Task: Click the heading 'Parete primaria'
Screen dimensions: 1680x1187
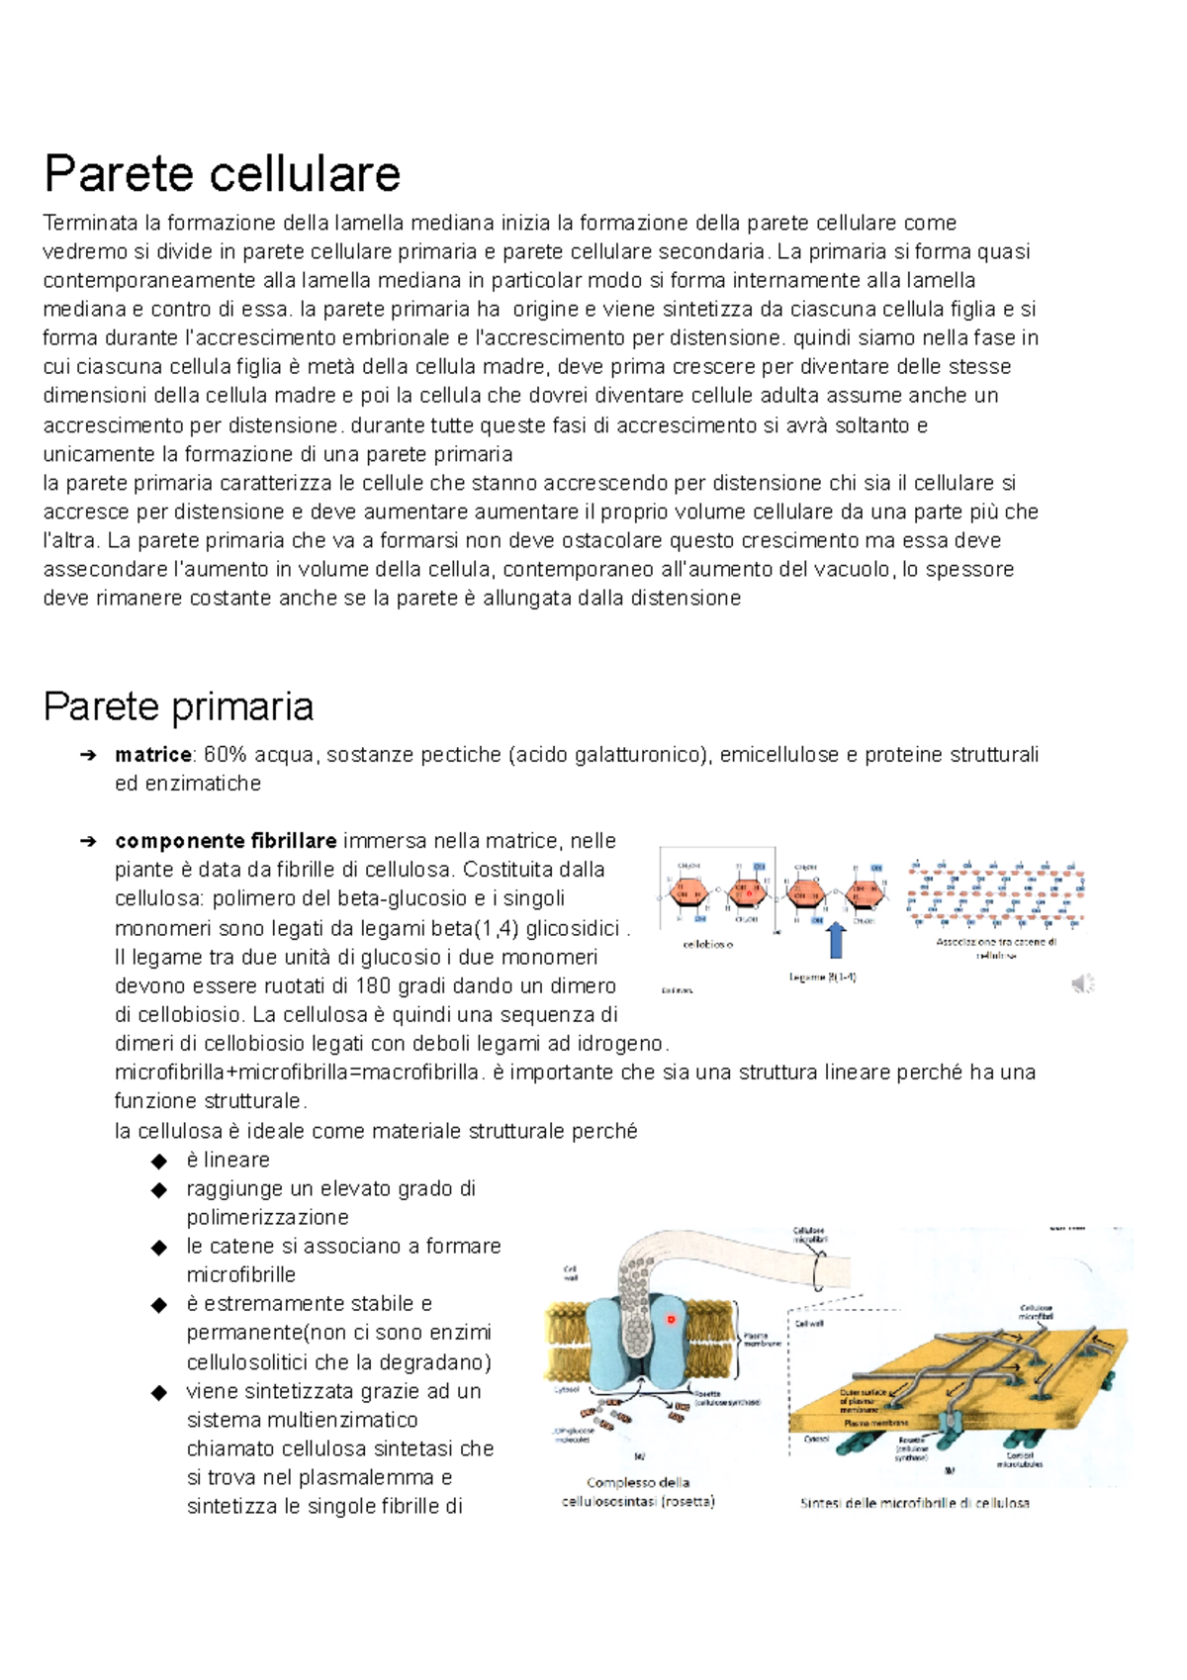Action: click(178, 706)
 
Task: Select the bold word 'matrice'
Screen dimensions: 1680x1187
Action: click(153, 755)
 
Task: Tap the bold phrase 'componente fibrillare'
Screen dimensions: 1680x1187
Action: click(226, 841)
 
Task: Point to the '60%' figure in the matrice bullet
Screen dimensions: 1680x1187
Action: click(225, 755)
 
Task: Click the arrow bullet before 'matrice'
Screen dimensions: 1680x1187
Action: click(88, 756)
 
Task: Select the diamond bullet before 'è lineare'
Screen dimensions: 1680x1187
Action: click(159, 1161)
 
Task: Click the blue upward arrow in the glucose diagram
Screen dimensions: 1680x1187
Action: click(837, 941)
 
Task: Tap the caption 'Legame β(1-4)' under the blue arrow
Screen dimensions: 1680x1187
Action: click(822, 978)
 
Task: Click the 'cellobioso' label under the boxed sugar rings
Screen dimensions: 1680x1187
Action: click(708, 945)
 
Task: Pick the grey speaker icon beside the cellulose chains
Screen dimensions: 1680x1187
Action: click(1083, 982)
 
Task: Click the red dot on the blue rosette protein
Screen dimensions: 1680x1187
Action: click(671, 1319)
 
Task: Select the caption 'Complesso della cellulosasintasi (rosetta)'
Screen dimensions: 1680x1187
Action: click(638, 1492)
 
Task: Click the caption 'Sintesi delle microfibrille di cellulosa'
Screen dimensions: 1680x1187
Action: click(914, 1503)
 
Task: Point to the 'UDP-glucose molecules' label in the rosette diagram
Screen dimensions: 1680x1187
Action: click(573, 1435)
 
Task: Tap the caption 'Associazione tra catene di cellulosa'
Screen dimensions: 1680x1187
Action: click(996, 948)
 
